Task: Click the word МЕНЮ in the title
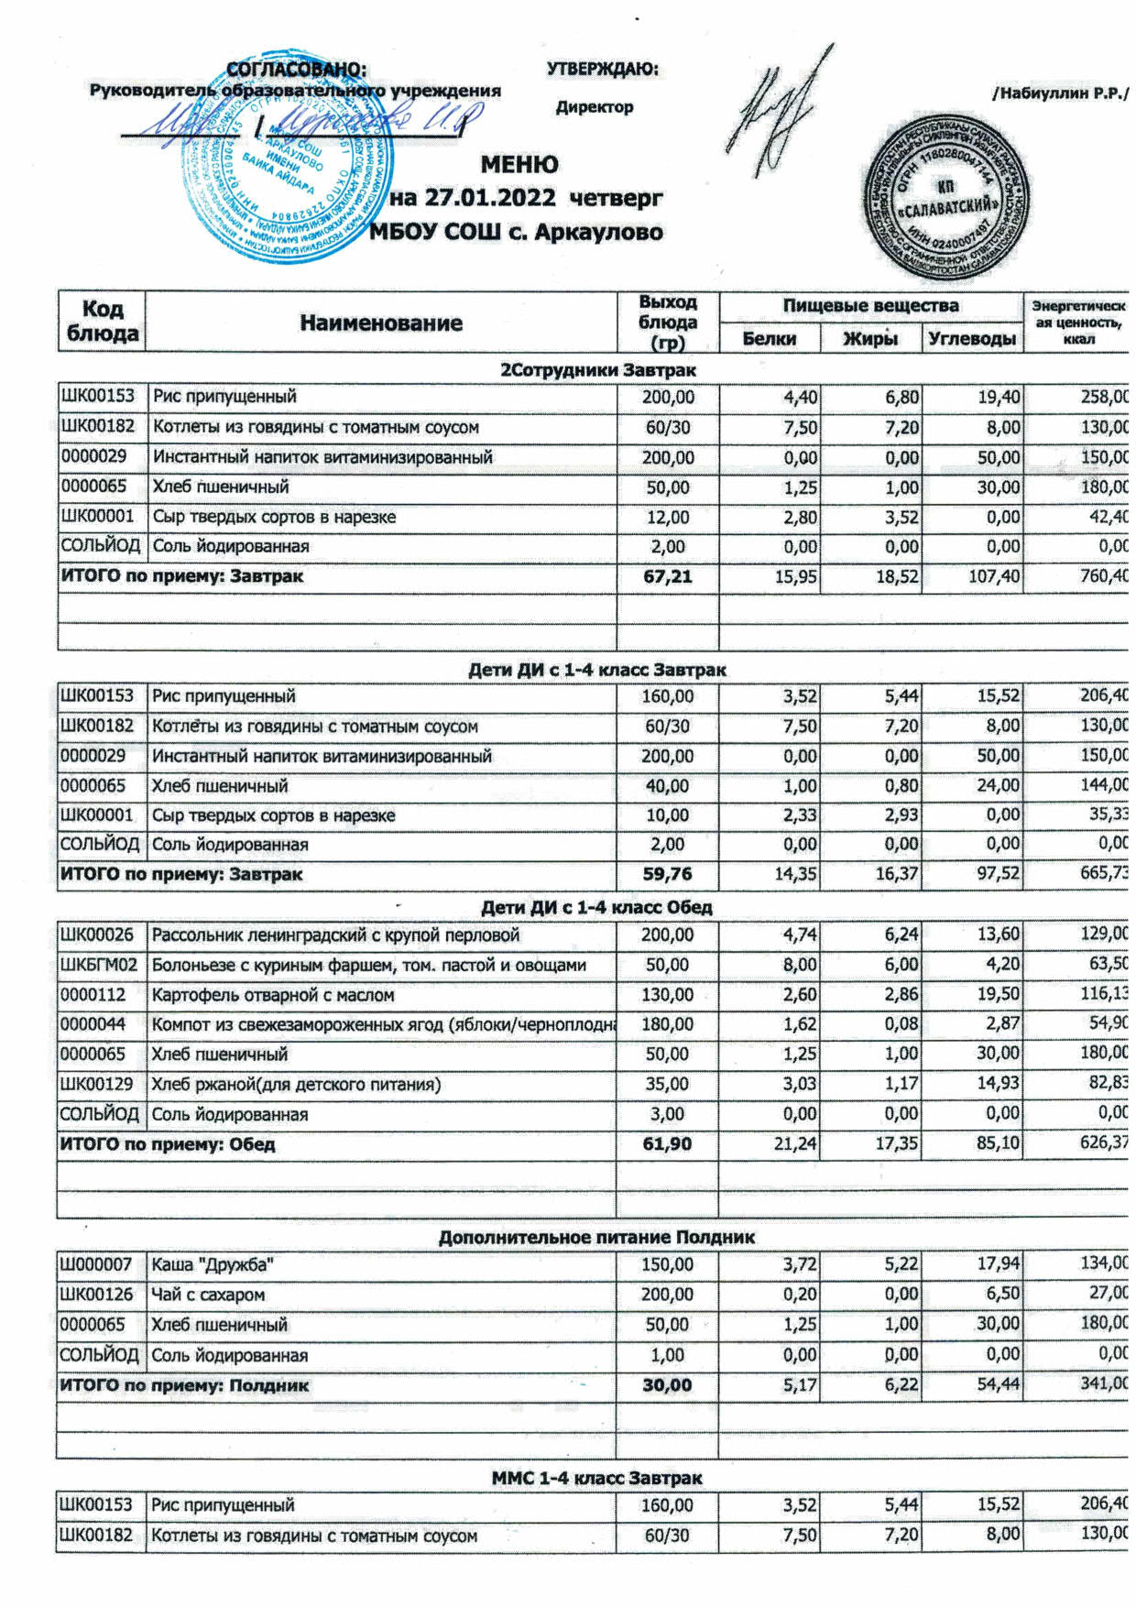(x=519, y=165)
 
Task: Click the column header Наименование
(x=381, y=322)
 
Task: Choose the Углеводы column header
(x=972, y=339)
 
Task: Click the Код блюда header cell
(x=103, y=321)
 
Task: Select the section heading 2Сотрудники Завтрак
(x=597, y=370)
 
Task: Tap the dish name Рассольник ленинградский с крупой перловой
(x=335, y=935)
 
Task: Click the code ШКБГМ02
(x=99, y=965)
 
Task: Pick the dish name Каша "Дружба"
(x=213, y=1265)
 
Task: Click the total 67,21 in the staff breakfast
(x=668, y=576)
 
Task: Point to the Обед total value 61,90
(x=667, y=1144)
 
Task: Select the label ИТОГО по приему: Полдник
(x=184, y=1385)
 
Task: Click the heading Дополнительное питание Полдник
(x=596, y=1238)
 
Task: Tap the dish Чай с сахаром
(x=208, y=1295)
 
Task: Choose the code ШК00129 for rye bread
(x=97, y=1084)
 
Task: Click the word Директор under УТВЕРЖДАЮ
(x=595, y=107)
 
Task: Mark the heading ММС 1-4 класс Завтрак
(x=596, y=1478)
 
